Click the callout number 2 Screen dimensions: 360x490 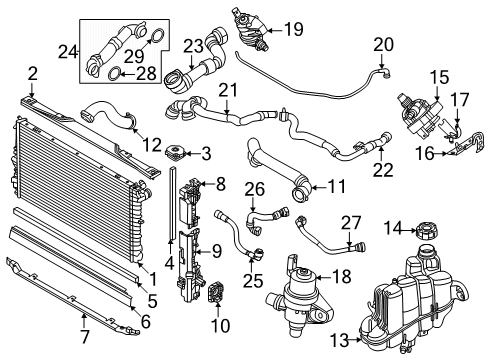(32, 71)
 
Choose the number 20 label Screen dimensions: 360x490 (384, 43)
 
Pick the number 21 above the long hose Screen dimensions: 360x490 (229, 92)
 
